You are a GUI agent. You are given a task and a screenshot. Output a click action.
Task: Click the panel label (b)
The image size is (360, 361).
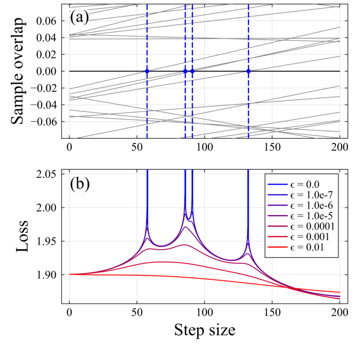tap(80, 184)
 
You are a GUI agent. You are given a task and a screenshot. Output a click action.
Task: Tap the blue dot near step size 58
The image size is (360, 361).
tap(147, 71)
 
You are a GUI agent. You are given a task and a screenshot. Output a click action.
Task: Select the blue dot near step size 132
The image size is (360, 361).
tap(249, 71)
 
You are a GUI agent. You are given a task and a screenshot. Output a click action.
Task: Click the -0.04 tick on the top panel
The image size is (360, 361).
tap(47, 105)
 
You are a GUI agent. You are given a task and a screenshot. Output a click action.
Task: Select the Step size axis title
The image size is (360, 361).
tap(204, 329)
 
